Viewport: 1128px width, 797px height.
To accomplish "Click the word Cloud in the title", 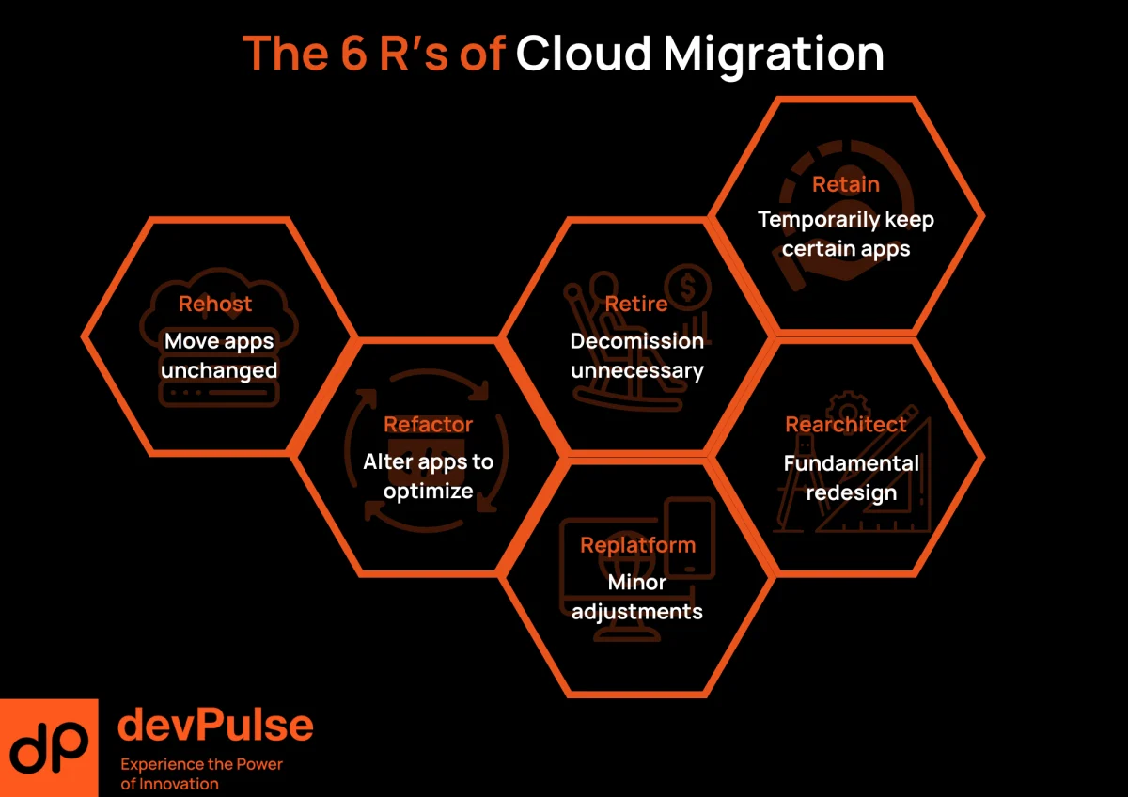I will pyautogui.click(x=583, y=54).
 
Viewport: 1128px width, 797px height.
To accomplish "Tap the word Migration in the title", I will pyautogui.click(x=774, y=55).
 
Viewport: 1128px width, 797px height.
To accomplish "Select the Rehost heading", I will pyautogui.click(x=215, y=304).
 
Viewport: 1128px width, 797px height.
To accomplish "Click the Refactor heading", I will pyautogui.click(x=428, y=425).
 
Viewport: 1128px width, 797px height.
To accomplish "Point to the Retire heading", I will pyautogui.click(x=636, y=304).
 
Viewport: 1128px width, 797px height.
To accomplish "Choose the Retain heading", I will pyautogui.click(x=846, y=184).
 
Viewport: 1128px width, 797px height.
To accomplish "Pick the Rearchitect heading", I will pyautogui.click(x=846, y=425).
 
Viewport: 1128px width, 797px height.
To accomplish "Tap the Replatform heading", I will pyautogui.click(x=637, y=545).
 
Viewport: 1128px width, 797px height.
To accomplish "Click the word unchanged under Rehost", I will pyautogui.click(x=219, y=370).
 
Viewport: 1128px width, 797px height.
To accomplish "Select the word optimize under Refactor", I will pyautogui.click(x=428, y=491).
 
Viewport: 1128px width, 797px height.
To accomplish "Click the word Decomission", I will pyautogui.click(x=637, y=341).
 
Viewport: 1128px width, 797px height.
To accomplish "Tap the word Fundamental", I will pyautogui.click(x=852, y=463).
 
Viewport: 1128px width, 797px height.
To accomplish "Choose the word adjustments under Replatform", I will pyautogui.click(x=637, y=612).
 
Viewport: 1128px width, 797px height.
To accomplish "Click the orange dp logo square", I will pyautogui.click(x=49, y=748).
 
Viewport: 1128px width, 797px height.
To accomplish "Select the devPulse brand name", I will pyautogui.click(x=216, y=726).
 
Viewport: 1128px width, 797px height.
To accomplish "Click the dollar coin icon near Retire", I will pyautogui.click(x=690, y=284).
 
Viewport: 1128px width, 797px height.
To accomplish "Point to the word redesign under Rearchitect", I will pyautogui.click(x=852, y=492).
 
